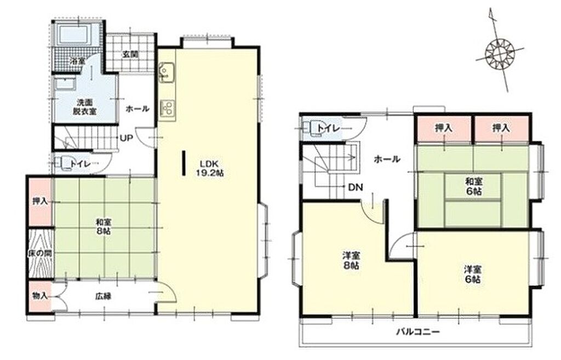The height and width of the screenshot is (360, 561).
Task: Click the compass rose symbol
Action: coord(500,54)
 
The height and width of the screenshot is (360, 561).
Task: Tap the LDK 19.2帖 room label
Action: coord(209,168)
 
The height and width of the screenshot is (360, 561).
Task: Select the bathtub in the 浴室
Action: coord(75,35)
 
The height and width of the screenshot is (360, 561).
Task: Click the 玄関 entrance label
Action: coord(130,55)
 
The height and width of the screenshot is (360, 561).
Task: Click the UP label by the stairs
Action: coord(127,138)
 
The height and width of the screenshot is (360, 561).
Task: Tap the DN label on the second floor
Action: coord(356,187)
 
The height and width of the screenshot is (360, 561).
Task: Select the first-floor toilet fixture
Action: coord(63,163)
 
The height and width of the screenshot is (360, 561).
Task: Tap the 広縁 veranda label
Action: coord(103,296)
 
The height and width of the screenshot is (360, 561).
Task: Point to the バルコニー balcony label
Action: coord(417,332)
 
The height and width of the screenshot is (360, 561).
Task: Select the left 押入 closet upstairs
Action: coord(444,128)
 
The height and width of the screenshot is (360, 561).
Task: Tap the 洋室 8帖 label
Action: coord(351,260)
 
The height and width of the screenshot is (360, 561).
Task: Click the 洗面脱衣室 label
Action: coord(85,107)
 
